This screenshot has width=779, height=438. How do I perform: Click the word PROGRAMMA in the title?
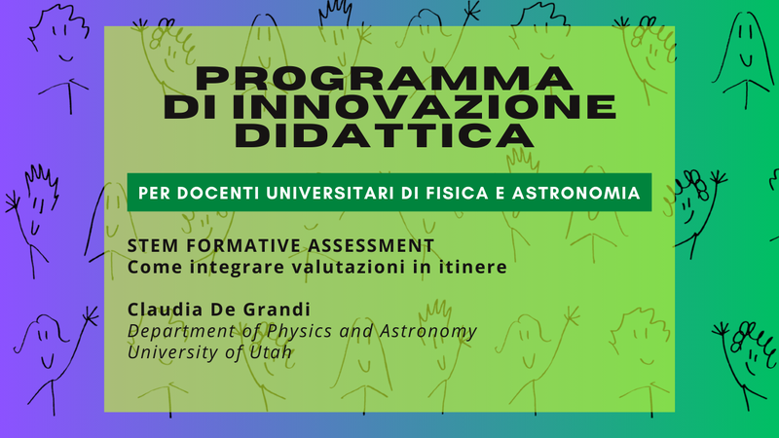pyautogui.click(x=385, y=79)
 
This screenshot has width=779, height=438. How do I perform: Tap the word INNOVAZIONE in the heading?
pyautogui.click(x=424, y=107)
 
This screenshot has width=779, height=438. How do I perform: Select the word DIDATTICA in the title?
pyautogui.click(x=385, y=135)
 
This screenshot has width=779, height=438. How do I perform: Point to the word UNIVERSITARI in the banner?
pyautogui.click(x=330, y=193)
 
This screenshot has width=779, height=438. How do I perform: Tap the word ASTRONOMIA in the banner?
pyautogui.click(x=575, y=193)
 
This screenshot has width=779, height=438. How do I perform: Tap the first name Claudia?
pyautogui.click(x=166, y=310)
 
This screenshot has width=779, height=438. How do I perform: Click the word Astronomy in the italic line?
pyautogui.click(x=428, y=331)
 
